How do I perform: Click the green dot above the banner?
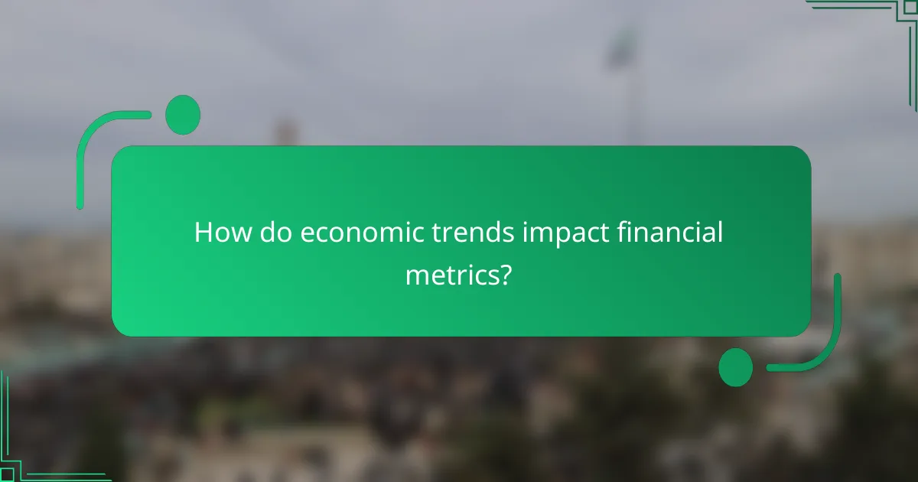tap(183, 115)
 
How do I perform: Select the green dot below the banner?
tap(736, 367)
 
